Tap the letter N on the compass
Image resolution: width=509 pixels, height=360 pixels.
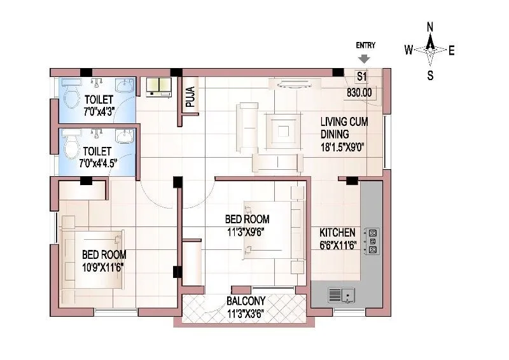pyautogui.click(x=430, y=27)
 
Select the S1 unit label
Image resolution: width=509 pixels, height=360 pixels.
pyautogui.click(x=361, y=77)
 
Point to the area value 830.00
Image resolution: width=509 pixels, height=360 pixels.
pyautogui.click(x=359, y=93)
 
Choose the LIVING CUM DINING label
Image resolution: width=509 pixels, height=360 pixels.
pyautogui.click(x=344, y=127)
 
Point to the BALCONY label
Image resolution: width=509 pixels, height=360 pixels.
pyautogui.click(x=246, y=301)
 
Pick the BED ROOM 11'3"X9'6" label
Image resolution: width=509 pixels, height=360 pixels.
pyautogui.click(x=245, y=225)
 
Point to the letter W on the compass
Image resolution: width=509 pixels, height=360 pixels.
pyautogui.click(x=410, y=50)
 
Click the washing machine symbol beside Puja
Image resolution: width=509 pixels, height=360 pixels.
pyautogui.click(x=159, y=87)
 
